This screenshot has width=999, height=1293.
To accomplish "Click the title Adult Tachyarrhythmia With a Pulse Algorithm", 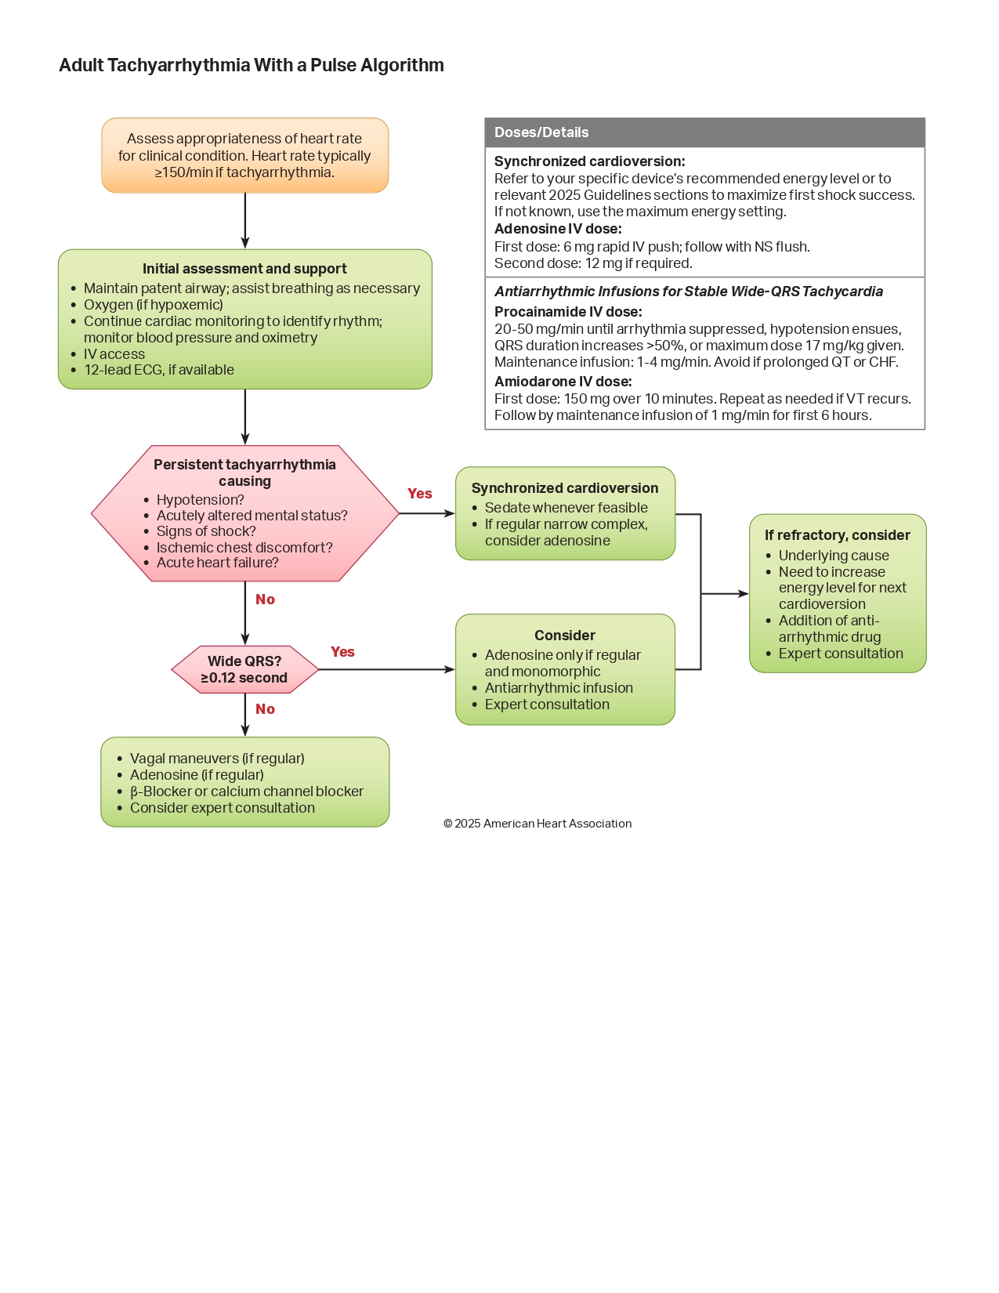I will click(x=251, y=65).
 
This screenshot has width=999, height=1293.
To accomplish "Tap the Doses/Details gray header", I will click(x=704, y=132).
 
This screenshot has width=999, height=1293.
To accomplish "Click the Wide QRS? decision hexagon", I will click(x=244, y=669).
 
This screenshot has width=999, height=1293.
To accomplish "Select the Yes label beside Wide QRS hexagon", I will click(x=342, y=652).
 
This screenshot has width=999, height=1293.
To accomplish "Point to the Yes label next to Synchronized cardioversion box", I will click(x=419, y=494).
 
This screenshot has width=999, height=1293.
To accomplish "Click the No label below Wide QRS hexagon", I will click(x=265, y=709).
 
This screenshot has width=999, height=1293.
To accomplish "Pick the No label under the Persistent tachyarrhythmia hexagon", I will click(x=265, y=599).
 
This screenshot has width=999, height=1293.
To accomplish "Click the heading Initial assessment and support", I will click(x=244, y=269).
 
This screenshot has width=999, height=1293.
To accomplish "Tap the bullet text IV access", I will click(x=114, y=354).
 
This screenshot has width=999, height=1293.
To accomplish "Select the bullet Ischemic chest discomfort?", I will click(x=244, y=548).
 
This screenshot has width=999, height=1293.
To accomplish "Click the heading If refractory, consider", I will click(x=837, y=535).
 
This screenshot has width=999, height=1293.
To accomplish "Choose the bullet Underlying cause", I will click(x=834, y=556).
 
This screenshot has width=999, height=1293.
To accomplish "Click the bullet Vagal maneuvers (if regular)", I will click(x=217, y=759).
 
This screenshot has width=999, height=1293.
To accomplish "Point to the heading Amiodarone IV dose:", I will click(x=563, y=382).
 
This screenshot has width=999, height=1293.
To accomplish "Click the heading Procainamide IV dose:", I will click(x=567, y=312).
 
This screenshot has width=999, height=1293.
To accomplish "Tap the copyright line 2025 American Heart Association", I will click(x=538, y=824).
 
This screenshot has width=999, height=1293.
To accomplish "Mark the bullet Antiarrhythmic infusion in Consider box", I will click(x=559, y=688).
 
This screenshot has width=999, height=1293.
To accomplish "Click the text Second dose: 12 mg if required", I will click(x=593, y=263).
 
